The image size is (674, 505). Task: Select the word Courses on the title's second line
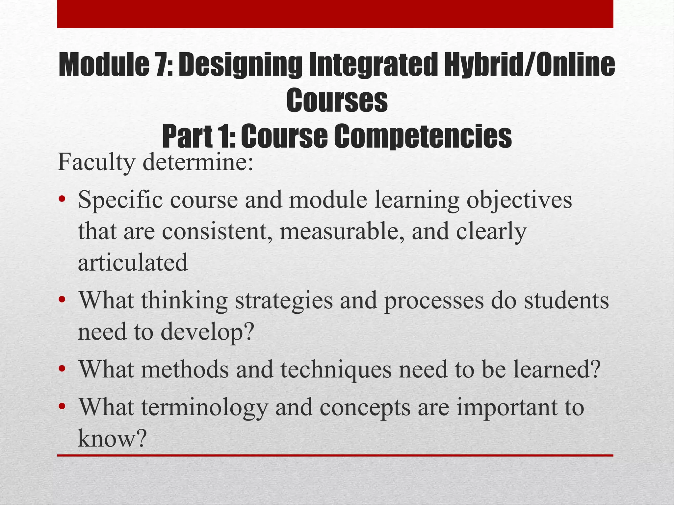click(337, 100)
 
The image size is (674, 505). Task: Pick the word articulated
click(133, 262)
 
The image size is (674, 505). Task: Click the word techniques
click(336, 370)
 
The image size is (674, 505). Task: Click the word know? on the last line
click(112, 439)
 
